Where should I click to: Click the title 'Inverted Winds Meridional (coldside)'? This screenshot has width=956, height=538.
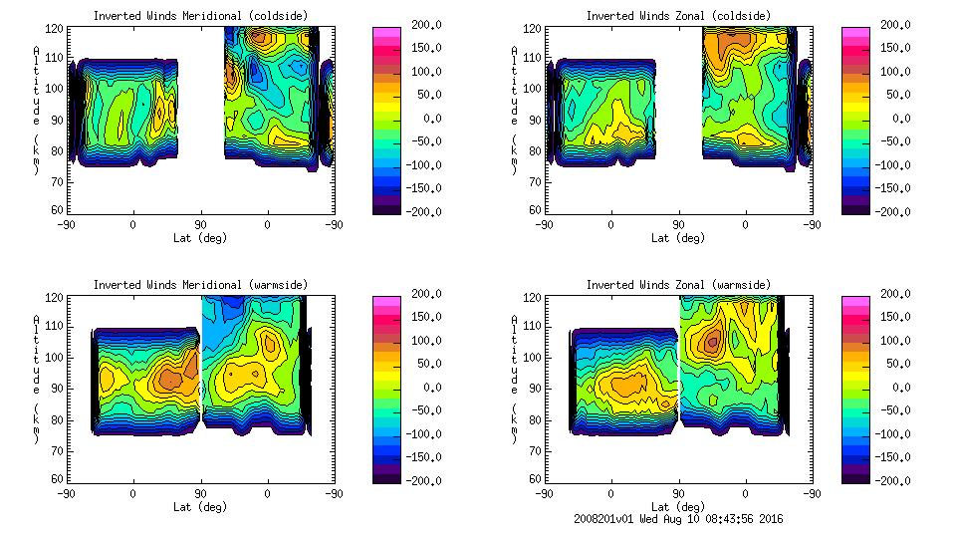[200, 16]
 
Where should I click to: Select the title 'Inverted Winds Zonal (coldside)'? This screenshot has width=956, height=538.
[678, 16]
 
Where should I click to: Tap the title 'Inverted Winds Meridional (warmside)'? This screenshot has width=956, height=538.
[200, 285]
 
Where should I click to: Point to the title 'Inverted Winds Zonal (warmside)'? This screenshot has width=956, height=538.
[678, 285]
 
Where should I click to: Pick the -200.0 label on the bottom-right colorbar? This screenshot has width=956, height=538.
[896, 480]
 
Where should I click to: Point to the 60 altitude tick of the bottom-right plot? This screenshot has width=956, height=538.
[535, 479]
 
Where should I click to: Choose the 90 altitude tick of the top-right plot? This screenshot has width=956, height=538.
[535, 120]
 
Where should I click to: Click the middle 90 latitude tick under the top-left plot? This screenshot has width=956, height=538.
[200, 225]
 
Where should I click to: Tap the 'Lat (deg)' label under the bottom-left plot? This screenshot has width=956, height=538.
[200, 507]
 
